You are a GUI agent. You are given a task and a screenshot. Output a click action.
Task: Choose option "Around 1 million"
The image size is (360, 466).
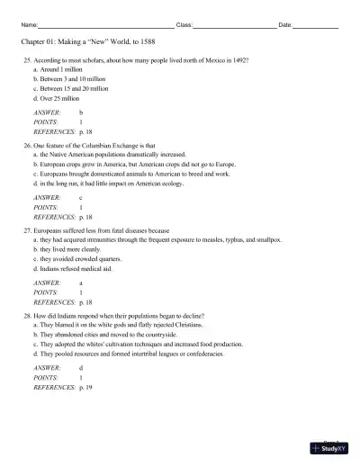click(x=61, y=68)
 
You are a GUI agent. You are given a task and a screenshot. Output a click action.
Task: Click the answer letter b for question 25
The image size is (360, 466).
click(x=81, y=112)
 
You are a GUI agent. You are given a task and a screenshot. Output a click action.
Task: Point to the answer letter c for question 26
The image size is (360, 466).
click(x=81, y=197)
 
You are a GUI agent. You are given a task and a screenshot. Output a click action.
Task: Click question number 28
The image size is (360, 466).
click(x=27, y=316)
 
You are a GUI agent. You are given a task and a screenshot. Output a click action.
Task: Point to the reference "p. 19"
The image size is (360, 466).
click(x=85, y=386)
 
